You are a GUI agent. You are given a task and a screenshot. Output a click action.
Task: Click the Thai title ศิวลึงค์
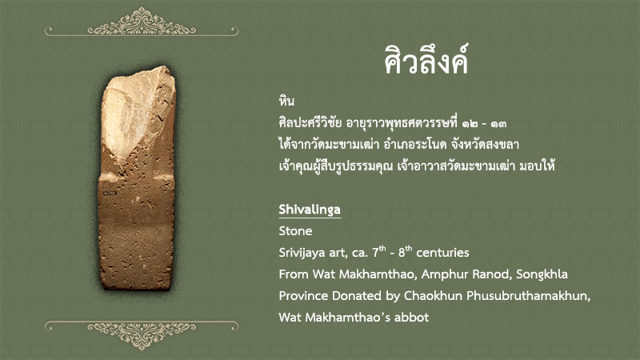coord(426,60)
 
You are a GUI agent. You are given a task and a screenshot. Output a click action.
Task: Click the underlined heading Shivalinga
coord(310,210)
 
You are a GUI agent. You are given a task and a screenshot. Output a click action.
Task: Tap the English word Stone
coord(295,231)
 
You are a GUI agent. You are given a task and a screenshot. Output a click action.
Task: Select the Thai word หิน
coord(286,101)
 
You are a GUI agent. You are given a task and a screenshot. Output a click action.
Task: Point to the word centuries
coord(442,253)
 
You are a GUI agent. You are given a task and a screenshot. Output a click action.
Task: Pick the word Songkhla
coord(542,274)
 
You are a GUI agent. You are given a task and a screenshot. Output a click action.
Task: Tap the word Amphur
coord(444,274)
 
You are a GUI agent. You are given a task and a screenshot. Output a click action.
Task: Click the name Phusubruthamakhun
coord(528,295)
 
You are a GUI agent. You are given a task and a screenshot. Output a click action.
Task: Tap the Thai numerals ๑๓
coord(498,123)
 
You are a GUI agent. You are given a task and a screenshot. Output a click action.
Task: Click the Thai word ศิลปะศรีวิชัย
coord(310,122)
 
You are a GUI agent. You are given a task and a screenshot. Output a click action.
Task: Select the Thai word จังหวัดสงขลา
coord(485,144)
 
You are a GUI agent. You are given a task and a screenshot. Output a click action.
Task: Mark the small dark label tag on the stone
coord(110,193)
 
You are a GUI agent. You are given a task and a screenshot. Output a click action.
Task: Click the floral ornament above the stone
coord(142,22)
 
